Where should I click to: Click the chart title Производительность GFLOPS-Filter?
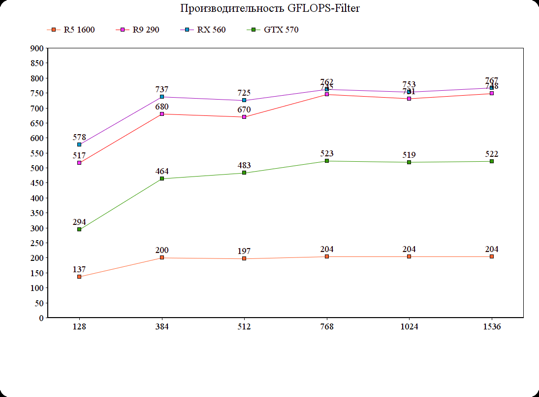tap(266, 8)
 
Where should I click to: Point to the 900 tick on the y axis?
tap(37, 48)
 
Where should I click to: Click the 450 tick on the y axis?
tap(37, 183)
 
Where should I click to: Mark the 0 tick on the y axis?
tap(41, 318)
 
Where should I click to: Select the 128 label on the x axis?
tap(79, 327)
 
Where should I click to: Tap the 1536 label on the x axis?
tap(492, 327)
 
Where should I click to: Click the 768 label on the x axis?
tap(327, 327)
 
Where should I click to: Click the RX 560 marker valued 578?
tap(79, 144)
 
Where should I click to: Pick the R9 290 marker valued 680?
tap(162, 114)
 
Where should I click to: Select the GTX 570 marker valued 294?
tap(79, 229)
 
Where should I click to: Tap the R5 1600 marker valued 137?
tap(79, 277)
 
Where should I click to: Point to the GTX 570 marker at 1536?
tap(492, 161)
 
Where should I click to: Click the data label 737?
tap(162, 89)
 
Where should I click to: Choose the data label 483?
tap(244, 165)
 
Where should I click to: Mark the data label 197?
tap(244, 252)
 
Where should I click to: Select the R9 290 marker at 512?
tap(244, 117)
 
